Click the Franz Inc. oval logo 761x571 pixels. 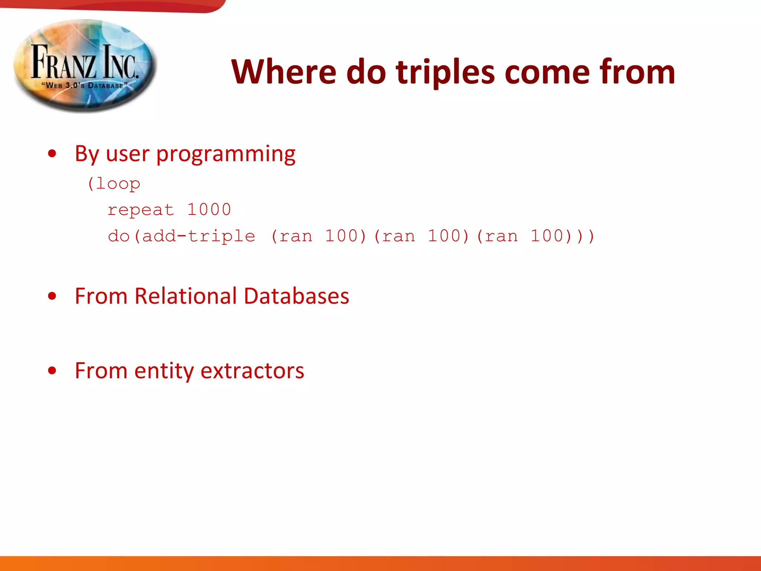[x=85, y=65]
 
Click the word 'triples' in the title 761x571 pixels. [x=445, y=72]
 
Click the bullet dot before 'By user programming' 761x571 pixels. [x=52, y=154]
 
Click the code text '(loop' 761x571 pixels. [x=114, y=184]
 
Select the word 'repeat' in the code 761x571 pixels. [x=140, y=210]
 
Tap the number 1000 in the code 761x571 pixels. [x=209, y=210]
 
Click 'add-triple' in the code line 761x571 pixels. [x=199, y=236]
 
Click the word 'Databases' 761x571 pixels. [x=297, y=296]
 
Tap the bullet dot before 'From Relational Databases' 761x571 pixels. [x=52, y=296]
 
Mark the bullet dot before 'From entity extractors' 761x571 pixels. [x=52, y=371]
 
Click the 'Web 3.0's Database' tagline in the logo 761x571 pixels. [x=85, y=86]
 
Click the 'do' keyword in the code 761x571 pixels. [x=118, y=236]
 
